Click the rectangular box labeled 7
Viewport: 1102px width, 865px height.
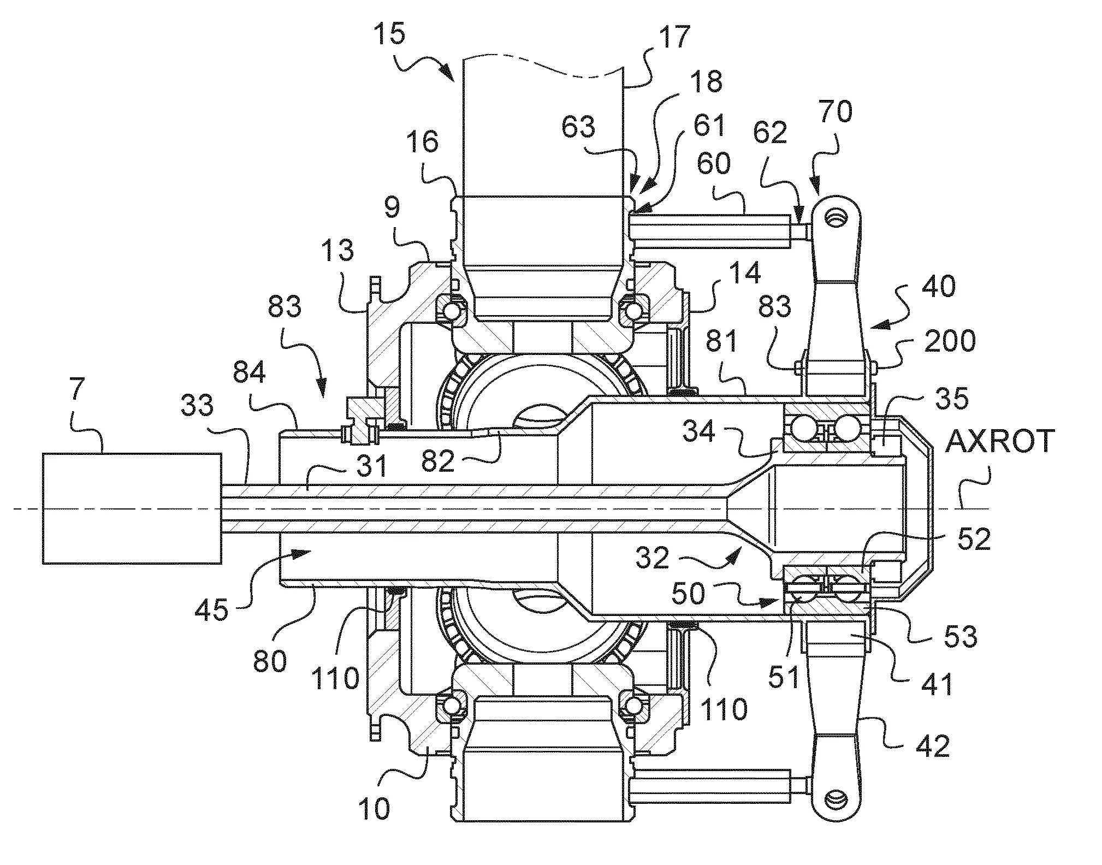click(x=133, y=508)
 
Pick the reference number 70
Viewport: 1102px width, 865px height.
click(x=834, y=113)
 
